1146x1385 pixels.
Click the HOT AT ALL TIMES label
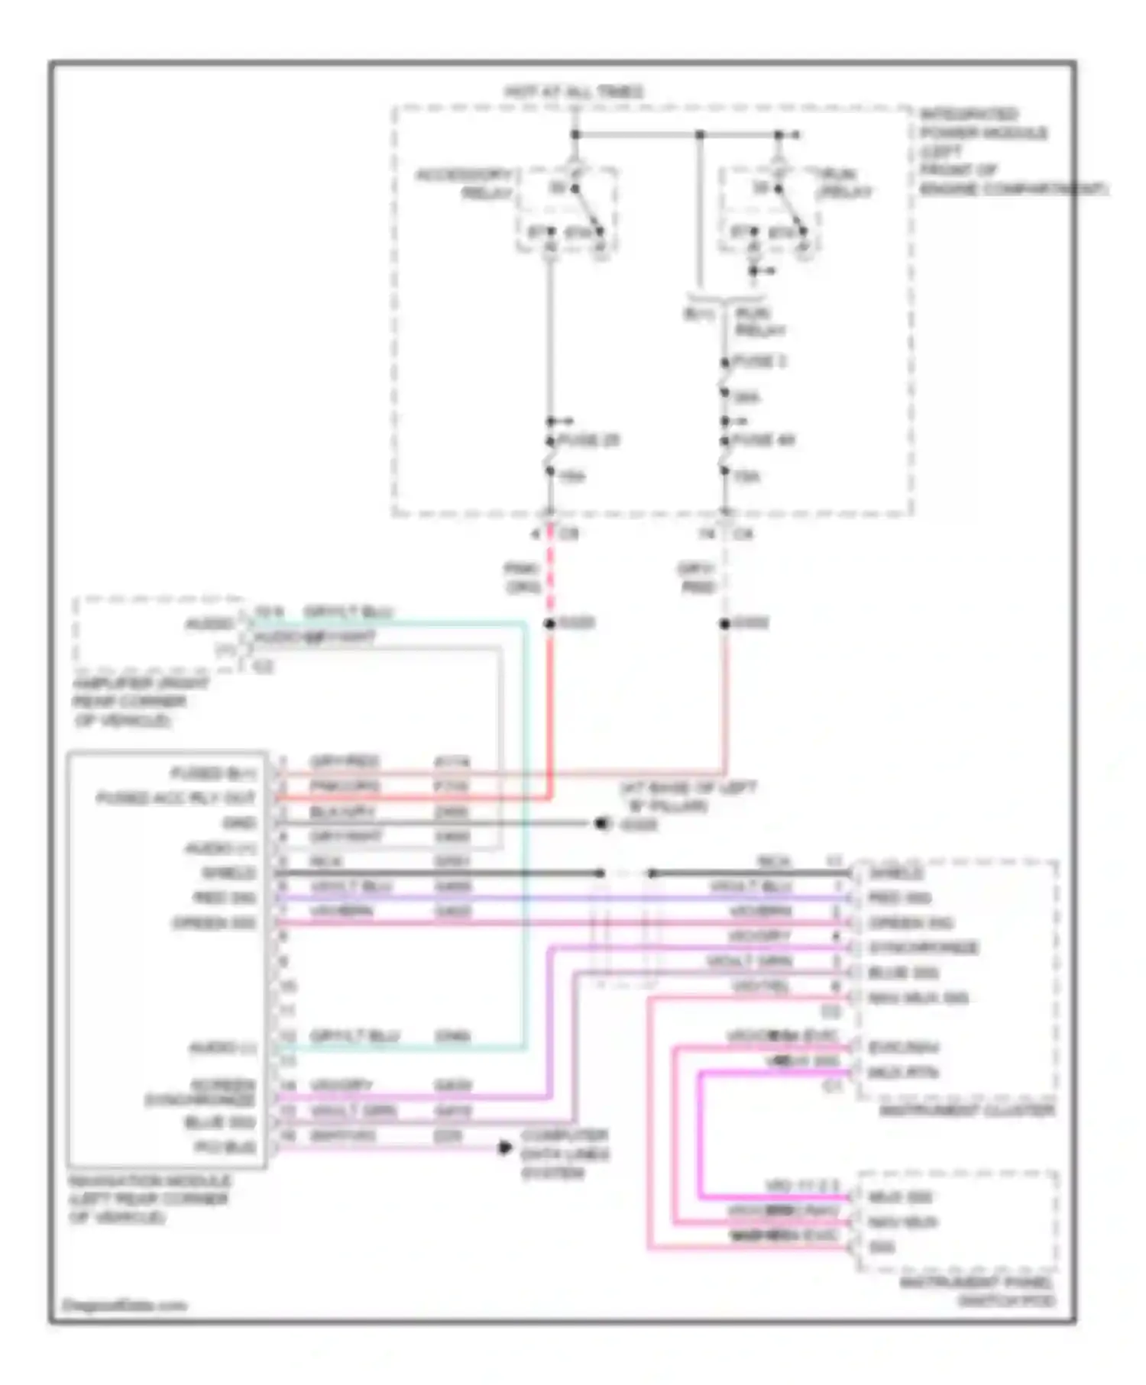click(574, 92)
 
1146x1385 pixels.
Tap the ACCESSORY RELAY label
click(464, 184)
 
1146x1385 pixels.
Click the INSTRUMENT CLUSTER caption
click(966, 1111)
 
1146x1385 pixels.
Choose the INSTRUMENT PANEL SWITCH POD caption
click(977, 1291)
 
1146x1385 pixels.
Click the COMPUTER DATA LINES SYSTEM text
click(565, 1154)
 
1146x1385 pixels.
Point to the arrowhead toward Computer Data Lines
click(505, 1148)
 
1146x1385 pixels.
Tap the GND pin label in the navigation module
click(238, 823)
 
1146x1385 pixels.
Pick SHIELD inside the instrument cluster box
click(896, 873)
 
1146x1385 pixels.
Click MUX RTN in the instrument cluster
click(903, 1073)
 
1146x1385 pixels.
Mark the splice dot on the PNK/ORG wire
click(549, 624)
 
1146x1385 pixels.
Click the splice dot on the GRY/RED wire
click(724, 624)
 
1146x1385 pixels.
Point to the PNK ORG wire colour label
click(523, 578)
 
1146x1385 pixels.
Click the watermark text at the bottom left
click(124, 1305)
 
